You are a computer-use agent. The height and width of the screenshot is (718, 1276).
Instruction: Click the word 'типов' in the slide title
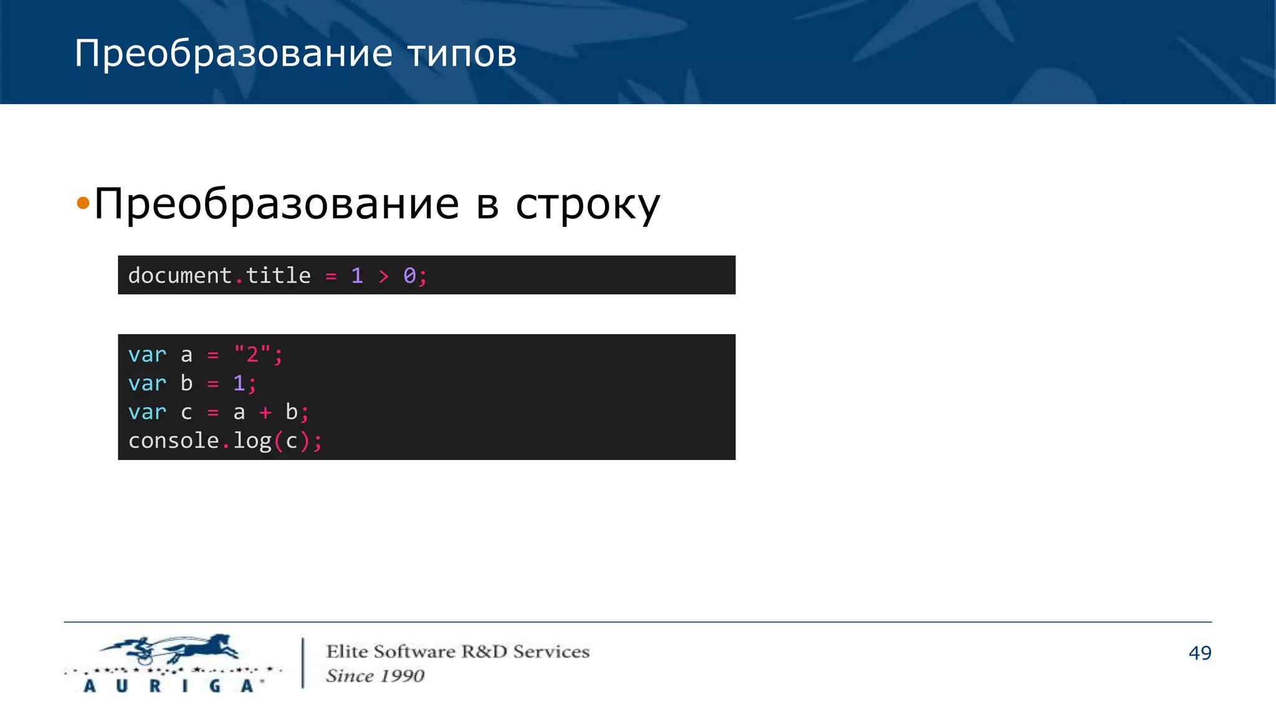coord(462,54)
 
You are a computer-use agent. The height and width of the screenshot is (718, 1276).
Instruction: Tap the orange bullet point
coord(83,203)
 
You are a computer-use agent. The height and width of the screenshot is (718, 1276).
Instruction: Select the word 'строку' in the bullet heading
coord(587,204)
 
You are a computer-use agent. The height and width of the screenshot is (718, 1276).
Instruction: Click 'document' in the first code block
coord(179,275)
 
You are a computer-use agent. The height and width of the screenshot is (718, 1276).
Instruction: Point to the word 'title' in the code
coord(278,275)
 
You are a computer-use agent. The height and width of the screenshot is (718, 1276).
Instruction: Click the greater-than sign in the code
coord(383,276)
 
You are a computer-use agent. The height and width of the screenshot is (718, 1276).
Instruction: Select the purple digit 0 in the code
coord(409,275)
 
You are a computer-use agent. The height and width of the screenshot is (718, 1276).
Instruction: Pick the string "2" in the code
coord(252,355)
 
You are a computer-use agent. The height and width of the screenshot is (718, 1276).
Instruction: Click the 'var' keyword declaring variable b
coord(147,383)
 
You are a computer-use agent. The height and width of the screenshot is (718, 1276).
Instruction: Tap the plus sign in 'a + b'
coord(265,412)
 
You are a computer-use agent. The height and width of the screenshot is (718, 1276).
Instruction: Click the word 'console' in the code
coord(173,441)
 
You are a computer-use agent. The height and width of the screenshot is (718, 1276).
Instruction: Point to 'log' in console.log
coord(252,441)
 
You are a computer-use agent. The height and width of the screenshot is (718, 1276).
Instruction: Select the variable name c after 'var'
coord(186,412)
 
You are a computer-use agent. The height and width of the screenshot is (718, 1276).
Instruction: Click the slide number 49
coord(1199,653)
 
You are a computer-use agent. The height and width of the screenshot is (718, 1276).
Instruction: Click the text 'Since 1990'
coord(375,676)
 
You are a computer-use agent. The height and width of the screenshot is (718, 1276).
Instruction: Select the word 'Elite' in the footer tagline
coord(347,651)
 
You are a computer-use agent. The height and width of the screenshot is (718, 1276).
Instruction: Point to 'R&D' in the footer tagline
coord(484,651)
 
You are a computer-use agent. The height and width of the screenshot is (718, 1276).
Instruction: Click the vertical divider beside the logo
coord(303,663)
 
